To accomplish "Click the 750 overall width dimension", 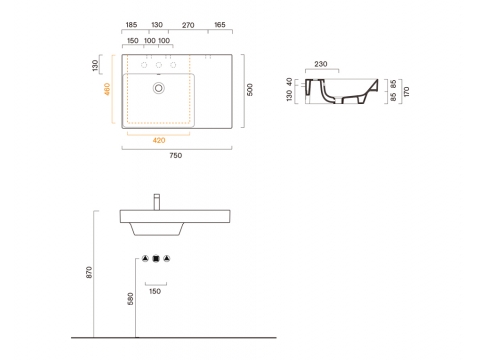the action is click(x=176, y=155).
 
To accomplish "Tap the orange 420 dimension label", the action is click(x=159, y=140).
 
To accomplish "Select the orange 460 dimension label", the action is click(x=107, y=89).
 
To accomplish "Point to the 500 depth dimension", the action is click(x=250, y=90).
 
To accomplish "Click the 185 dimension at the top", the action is click(x=131, y=25).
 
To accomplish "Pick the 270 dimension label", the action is click(x=188, y=25).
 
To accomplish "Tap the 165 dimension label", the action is click(x=220, y=25).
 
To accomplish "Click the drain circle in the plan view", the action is click(x=159, y=88).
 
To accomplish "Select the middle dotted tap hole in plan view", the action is click(x=159, y=65).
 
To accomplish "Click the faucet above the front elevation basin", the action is click(x=157, y=202).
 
